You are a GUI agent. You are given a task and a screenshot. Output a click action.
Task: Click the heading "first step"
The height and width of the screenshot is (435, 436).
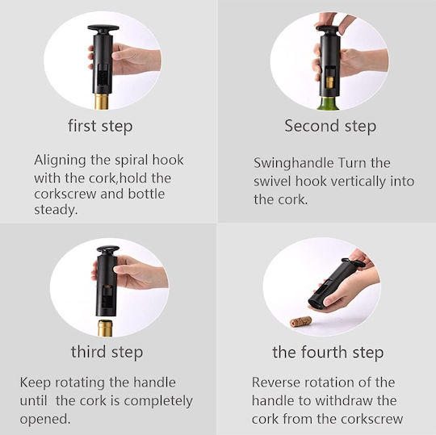coord(100,127)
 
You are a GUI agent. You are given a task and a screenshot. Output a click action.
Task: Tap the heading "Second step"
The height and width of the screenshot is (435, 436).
coord(330,126)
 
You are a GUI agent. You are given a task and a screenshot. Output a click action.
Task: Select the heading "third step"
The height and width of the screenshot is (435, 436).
coord(107,352)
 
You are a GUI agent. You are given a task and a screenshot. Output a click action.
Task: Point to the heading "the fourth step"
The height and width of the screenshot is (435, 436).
coord(328,353)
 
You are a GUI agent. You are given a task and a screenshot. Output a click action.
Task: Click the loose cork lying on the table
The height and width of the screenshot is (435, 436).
coord(300,322)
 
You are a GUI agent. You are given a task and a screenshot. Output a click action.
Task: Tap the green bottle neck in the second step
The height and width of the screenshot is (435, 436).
coord(328,102)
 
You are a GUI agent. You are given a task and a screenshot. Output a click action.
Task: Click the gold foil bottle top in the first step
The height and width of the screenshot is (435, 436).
coord(102,102)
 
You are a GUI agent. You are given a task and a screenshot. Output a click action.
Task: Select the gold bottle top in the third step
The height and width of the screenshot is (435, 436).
coord(106,328)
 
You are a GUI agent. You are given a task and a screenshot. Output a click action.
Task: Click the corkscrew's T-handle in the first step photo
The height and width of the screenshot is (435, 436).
coord(103,28)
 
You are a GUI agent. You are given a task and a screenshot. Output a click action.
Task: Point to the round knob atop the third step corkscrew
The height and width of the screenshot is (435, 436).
coord(108,249)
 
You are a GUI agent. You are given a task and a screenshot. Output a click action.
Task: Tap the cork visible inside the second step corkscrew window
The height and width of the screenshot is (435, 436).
coord(330,82)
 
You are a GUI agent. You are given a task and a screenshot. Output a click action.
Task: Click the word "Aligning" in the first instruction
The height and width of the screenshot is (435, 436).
coord(60,161)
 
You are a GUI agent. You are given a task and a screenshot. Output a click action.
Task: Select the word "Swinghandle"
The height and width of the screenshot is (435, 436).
coord(294,163)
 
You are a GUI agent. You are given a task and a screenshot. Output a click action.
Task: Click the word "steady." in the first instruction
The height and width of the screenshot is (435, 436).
coord(56,210)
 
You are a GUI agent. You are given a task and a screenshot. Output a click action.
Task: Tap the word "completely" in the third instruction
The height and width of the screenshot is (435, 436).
coord(158,401)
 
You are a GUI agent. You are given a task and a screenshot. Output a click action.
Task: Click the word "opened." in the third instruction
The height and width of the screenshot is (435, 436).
coord(45,420)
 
